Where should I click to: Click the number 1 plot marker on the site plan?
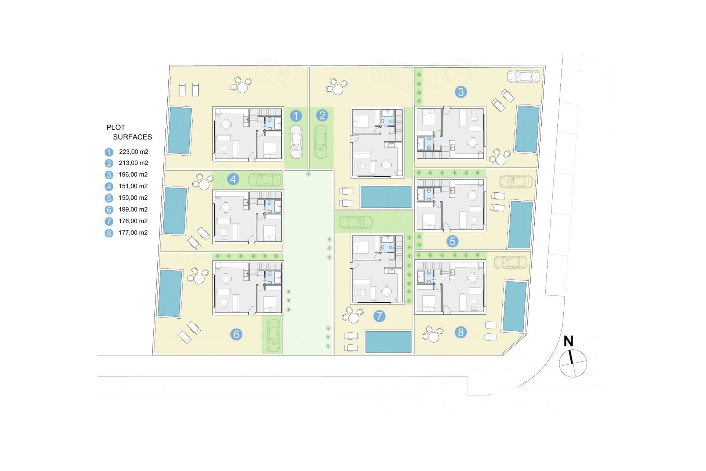296,116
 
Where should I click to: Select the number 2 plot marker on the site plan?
322,116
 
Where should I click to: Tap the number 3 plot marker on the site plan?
461,92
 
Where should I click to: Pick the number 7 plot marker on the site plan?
379,316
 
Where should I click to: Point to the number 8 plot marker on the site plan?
460,332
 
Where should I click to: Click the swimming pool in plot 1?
180,131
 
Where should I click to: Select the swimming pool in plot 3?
527,129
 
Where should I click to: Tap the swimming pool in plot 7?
388,341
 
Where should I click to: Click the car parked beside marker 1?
296,142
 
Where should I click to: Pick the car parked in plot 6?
273,335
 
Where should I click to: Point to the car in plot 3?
524,76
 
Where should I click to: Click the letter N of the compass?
568,341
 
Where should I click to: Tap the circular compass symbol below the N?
573,364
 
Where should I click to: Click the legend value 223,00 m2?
133,152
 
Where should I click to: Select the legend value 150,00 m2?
133,198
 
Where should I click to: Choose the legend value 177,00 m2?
133,233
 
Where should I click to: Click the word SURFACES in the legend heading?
132,137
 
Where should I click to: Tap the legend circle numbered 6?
109,210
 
